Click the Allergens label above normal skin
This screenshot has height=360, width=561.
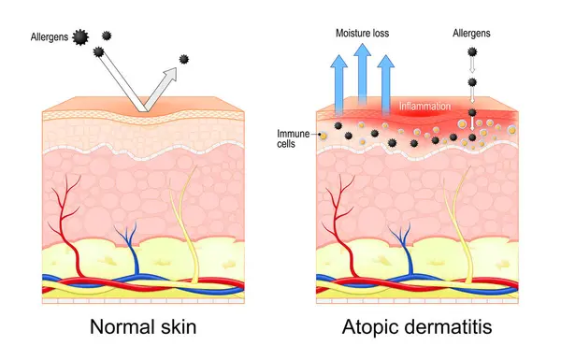[50, 37]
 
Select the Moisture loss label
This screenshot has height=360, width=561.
[363, 33]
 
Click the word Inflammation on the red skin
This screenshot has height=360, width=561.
[426, 107]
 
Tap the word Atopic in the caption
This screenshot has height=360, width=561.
[370, 328]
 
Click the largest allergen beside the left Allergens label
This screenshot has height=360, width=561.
[80, 36]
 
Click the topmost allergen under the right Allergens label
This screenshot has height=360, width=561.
[473, 52]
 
